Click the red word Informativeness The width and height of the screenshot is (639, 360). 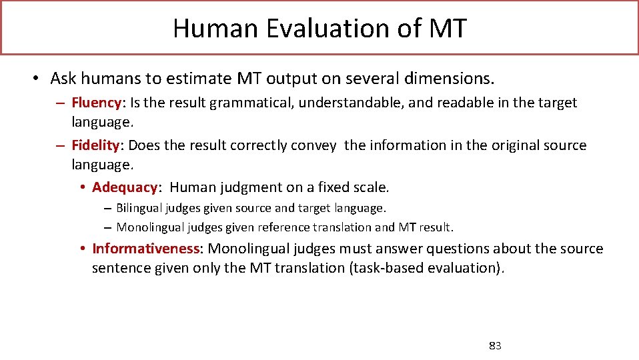(145, 249)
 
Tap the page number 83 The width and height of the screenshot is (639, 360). (495, 345)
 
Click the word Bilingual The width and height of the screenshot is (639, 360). (139, 209)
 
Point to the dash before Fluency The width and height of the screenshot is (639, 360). (60, 103)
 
